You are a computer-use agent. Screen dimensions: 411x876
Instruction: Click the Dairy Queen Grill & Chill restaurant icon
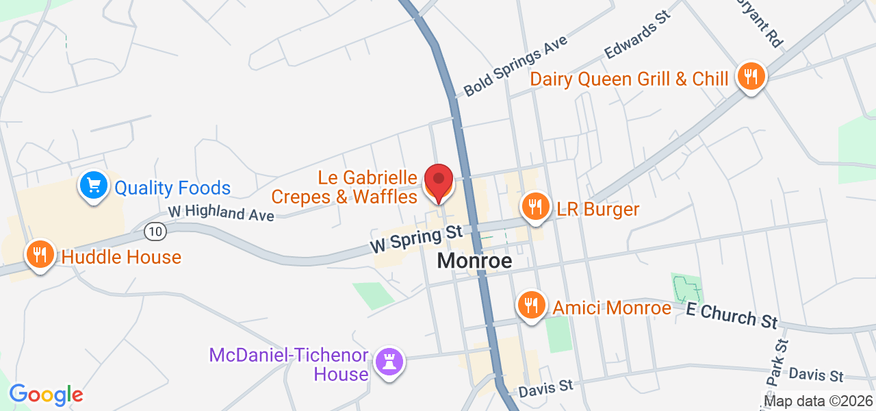[x=751, y=76]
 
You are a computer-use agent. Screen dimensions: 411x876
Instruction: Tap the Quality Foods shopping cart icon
[x=94, y=185]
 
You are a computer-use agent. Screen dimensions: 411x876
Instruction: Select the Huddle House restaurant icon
[x=40, y=255]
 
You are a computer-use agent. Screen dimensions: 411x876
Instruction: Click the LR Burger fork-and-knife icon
[x=535, y=206]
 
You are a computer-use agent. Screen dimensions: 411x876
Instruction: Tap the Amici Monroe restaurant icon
[x=530, y=303]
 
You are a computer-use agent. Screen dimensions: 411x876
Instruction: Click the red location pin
[x=439, y=182]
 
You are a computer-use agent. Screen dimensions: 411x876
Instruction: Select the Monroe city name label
[x=474, y=261]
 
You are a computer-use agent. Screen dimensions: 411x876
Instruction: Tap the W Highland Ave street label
[x=220, y=213]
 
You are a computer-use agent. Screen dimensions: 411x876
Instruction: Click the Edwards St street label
[x=635, y=34]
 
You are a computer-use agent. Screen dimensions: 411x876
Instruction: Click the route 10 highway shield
[x=155, y=232]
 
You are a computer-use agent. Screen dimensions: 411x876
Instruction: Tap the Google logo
[x=46, y=395]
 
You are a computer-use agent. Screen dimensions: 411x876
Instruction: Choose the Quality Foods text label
[x=172, y=188]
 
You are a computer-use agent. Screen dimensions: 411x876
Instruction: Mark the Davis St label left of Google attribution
[x=545, y=387]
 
